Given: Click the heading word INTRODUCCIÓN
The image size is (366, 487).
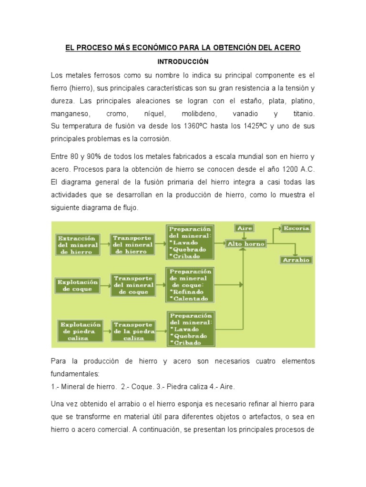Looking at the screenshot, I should pos(183,62).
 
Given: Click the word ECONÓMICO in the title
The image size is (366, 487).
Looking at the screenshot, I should pos(160,49).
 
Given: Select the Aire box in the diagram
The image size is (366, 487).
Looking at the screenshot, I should pos(244,228).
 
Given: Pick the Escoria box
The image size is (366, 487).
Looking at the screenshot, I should pos(296,228).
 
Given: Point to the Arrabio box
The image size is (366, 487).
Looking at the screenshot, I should pos(296,260).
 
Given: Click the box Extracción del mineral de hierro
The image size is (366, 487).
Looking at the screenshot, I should pos(77,244).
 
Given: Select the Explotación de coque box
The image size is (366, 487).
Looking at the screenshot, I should pos(78,285).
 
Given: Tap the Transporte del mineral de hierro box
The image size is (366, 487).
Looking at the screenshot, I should pos(133,244).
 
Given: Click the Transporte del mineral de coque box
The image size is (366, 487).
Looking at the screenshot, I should pos(133,285).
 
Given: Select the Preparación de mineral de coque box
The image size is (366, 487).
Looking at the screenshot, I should pos(189,285).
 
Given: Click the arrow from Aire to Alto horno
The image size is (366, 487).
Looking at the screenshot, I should pos(244,236).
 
